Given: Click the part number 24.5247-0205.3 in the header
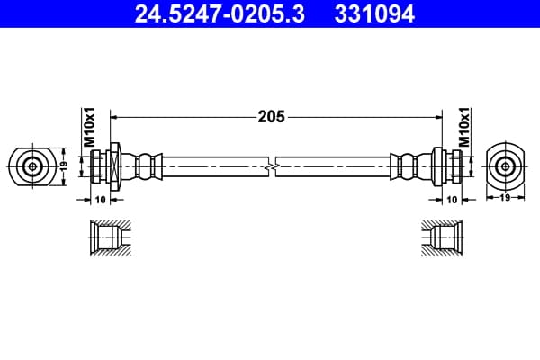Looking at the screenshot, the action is [220, 14].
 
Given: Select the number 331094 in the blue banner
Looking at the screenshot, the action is [374, 14].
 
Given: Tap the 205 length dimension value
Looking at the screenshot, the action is [272, 117].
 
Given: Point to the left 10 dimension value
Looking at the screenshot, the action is [100, 200].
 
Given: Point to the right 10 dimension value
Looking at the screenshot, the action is [452, 200].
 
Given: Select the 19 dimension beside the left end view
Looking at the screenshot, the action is [63, 166].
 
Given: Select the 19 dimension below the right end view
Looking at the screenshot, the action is [505, 197].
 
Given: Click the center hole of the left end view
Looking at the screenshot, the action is [32, 167].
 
